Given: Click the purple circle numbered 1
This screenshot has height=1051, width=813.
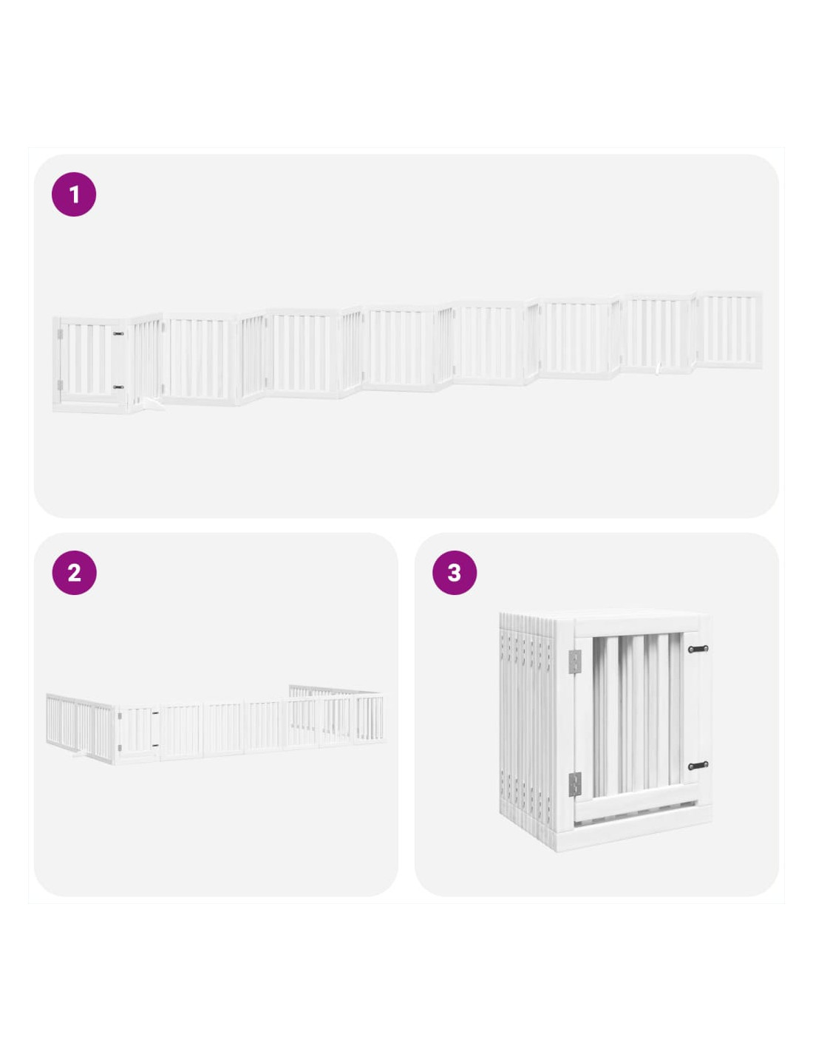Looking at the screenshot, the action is click(74, 194).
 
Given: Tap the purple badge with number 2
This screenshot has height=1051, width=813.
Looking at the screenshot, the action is click(74, 573).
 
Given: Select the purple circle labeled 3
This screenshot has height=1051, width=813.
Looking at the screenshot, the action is click(454, 573).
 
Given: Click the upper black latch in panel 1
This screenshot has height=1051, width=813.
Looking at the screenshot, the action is click(118, 334).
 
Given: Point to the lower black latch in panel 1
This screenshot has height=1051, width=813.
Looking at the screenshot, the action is click(118, 387).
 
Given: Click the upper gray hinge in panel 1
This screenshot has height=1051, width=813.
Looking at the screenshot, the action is click(60, 334).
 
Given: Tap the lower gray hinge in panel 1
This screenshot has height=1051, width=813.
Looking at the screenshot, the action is click(60, 385).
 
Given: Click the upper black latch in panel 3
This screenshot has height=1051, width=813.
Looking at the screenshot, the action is click(698, 649).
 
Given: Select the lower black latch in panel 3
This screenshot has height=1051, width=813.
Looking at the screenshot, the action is click(698, 766).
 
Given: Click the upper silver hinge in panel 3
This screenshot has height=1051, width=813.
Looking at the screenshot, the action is click(575, 661).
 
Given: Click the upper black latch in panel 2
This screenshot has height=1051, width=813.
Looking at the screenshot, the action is click(155, 713).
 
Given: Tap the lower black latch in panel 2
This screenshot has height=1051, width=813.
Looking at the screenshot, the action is click(155, 745).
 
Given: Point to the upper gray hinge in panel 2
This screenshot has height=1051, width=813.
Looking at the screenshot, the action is click(120, 715).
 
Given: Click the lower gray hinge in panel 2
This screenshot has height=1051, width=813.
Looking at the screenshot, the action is click(120, 748).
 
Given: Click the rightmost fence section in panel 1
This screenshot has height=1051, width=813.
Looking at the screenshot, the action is click(729, 330).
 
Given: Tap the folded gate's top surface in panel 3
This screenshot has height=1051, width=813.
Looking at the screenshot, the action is click(605, 618).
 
